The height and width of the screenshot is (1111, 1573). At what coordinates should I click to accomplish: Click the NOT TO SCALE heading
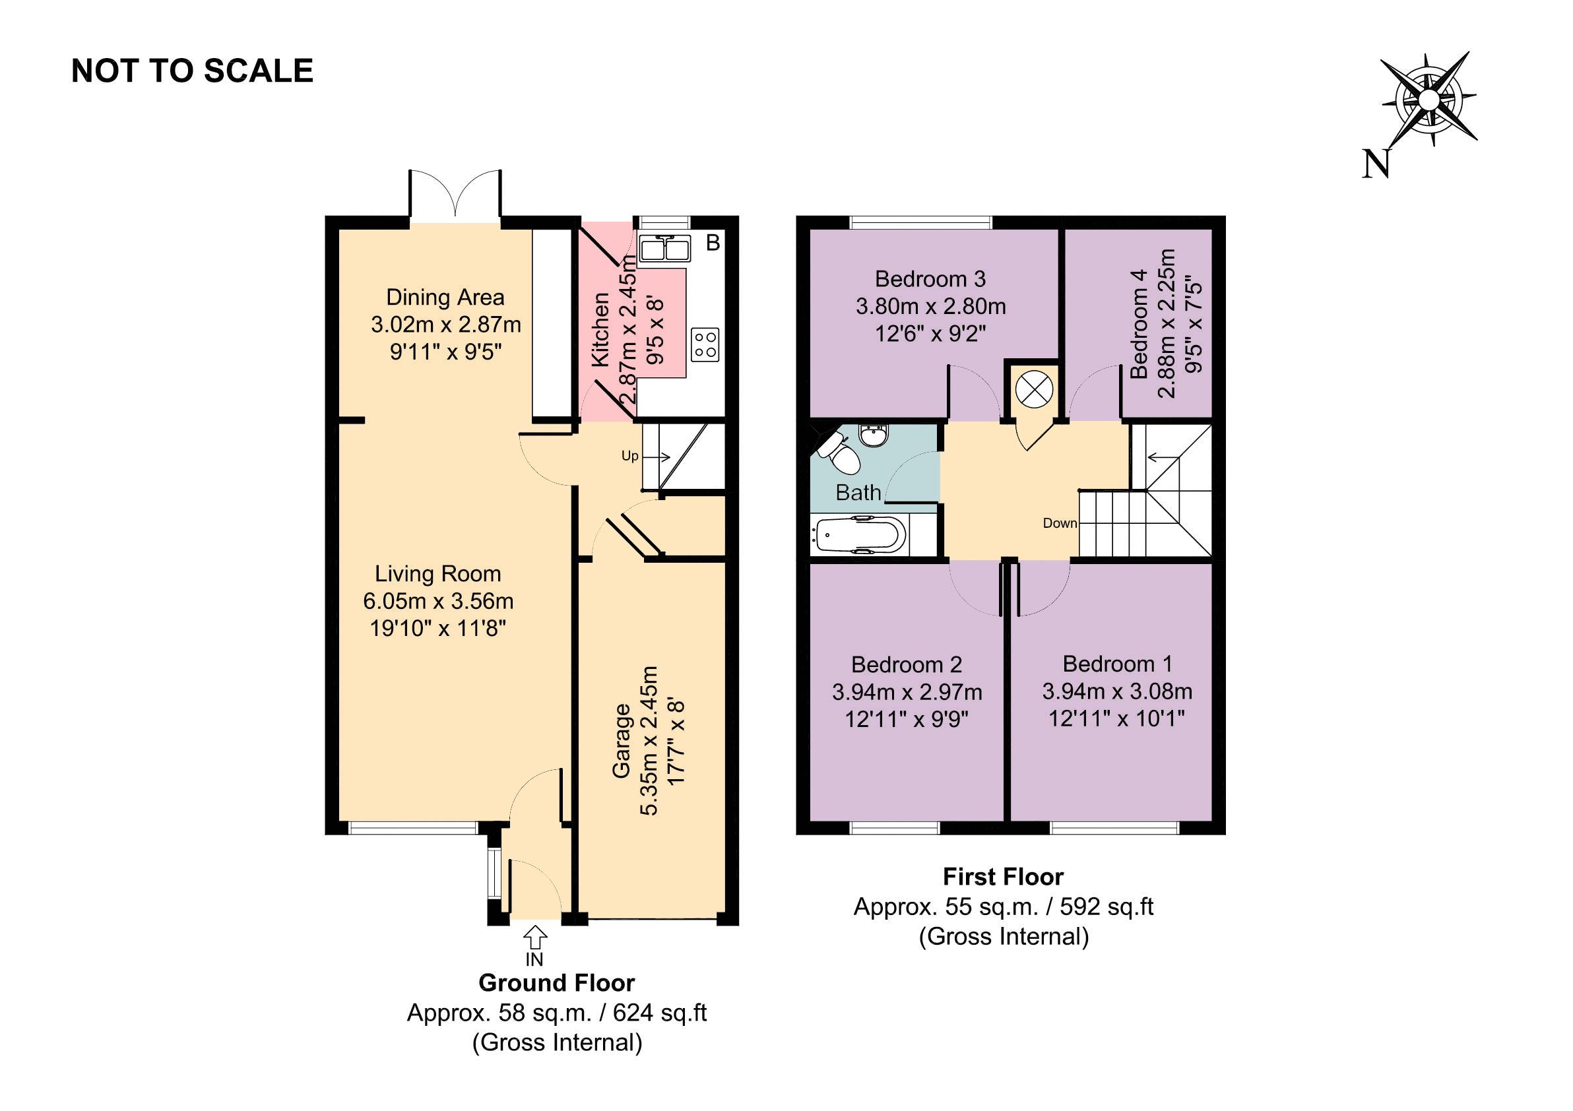(193, 71)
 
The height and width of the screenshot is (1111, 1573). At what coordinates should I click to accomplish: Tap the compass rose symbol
(1428, 101)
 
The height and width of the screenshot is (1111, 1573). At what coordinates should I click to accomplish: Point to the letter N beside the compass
(1376, 164)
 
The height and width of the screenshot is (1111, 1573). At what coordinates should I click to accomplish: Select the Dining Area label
(445, 298)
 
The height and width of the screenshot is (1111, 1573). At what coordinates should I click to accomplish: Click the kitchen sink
(664, 249)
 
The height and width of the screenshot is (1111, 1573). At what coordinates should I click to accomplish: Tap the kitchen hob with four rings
(705, 344)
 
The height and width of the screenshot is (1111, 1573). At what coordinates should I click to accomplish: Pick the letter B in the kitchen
(713, 243)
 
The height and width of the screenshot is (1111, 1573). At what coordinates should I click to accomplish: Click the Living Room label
(437, 573)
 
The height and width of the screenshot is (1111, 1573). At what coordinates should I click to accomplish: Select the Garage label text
(621, 740)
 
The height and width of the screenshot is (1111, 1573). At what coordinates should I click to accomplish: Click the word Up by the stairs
(629, 456)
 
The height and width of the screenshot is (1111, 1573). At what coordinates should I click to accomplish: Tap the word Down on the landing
(1060, 523)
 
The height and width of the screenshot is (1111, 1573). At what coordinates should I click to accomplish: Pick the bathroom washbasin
(873, 435)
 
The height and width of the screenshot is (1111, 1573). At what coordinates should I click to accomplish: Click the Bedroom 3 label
(930, 279)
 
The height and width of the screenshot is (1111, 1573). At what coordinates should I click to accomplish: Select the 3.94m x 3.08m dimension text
(1118, 691)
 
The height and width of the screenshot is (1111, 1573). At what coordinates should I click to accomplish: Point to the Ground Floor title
(556, 983)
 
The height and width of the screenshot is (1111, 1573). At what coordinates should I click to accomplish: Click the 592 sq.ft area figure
(1107, 907)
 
